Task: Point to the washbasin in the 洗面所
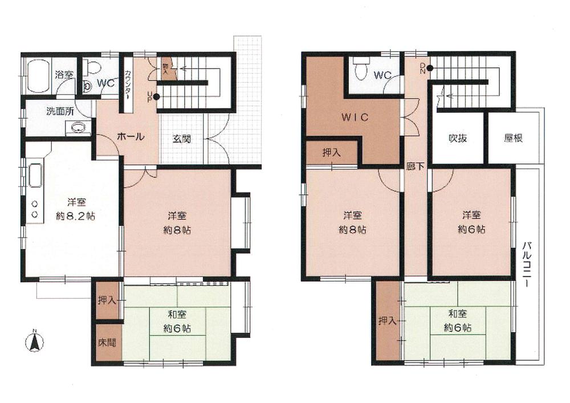(78, 127)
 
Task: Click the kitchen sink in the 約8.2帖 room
(35, 175)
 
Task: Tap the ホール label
(130, 137)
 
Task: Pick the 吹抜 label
(457, 138)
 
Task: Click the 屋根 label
(513, 138)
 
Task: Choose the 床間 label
(106, 343)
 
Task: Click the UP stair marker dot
(156, 97)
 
